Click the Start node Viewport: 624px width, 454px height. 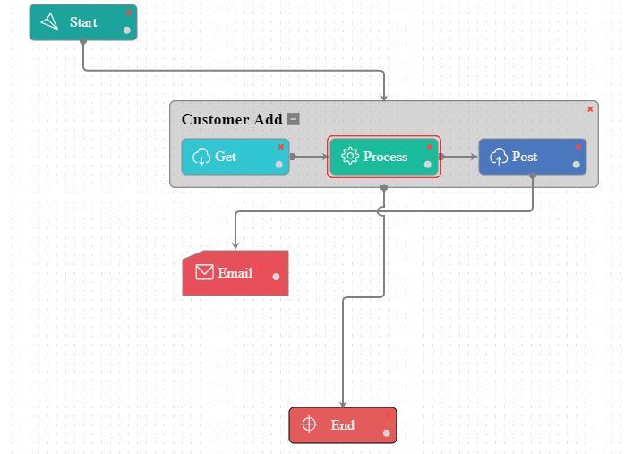click(x=82, y=22)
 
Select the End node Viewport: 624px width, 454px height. click(x=342, y=425)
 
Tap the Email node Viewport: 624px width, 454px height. click(x=235, y=273)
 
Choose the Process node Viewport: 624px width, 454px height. click(x=384, y=157)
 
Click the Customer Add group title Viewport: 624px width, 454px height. click(x=232, y=119)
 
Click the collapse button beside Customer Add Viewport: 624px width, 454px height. click(x=294, y=119)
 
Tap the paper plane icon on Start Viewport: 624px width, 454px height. click(x=49, y=22)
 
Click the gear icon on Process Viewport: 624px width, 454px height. click(x=350, y=157)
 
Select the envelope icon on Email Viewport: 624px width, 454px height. click(x=204, y=272)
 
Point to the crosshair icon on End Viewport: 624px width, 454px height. click(x=309, y=424)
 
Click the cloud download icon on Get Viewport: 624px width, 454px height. click(x=201, y=158)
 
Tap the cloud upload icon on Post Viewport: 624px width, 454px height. click(x=499, y=158)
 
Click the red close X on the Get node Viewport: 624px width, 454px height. click(x=280, y=146)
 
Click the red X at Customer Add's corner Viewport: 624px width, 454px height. click(x=590, y=109)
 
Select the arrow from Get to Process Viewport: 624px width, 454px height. click(x=311, y=157)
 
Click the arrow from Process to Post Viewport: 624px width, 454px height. click(x=459, y=157)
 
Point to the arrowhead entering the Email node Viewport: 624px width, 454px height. click(x=235, y=246)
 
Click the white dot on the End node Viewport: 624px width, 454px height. click(x=386, y=433)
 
